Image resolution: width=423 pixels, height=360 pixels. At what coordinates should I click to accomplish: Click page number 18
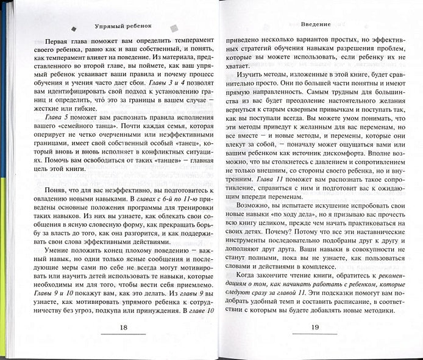pos(124,328)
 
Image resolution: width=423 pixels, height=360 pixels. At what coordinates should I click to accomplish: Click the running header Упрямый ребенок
pos(124,26)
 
